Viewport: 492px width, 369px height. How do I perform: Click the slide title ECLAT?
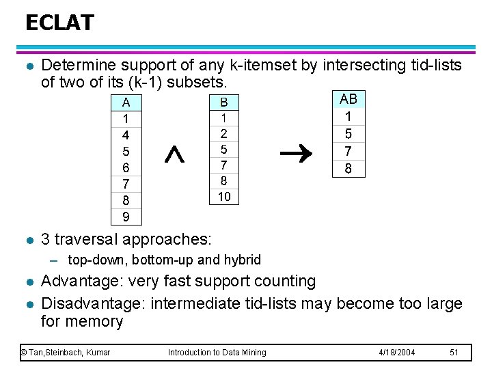click(59, 23)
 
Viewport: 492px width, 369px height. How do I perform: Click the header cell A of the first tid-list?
click(126, 103)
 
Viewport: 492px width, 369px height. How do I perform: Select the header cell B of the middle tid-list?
click(223, 102)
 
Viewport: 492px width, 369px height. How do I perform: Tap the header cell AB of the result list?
click(348, 99)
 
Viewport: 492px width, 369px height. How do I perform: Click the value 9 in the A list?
click(126, 217)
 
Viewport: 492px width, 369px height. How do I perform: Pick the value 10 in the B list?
click(223, 197)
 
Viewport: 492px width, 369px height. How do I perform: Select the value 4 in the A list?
click(126, 135)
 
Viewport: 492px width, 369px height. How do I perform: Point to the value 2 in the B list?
click(223, 133)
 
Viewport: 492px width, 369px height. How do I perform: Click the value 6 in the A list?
click(126, 167)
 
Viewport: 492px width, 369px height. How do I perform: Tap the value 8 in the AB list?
click(348, 168)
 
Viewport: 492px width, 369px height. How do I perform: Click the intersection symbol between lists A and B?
click(175, 156)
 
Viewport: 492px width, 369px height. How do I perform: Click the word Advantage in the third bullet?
click(76, 281)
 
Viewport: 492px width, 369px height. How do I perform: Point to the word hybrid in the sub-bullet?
click(243, 260)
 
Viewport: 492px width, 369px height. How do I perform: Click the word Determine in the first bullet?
click(78, 66)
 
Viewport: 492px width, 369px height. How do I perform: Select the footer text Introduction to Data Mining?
click(217, 352)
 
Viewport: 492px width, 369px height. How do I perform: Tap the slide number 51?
click(454, 352)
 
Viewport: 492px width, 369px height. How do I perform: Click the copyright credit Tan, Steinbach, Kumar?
click(66, 352)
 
